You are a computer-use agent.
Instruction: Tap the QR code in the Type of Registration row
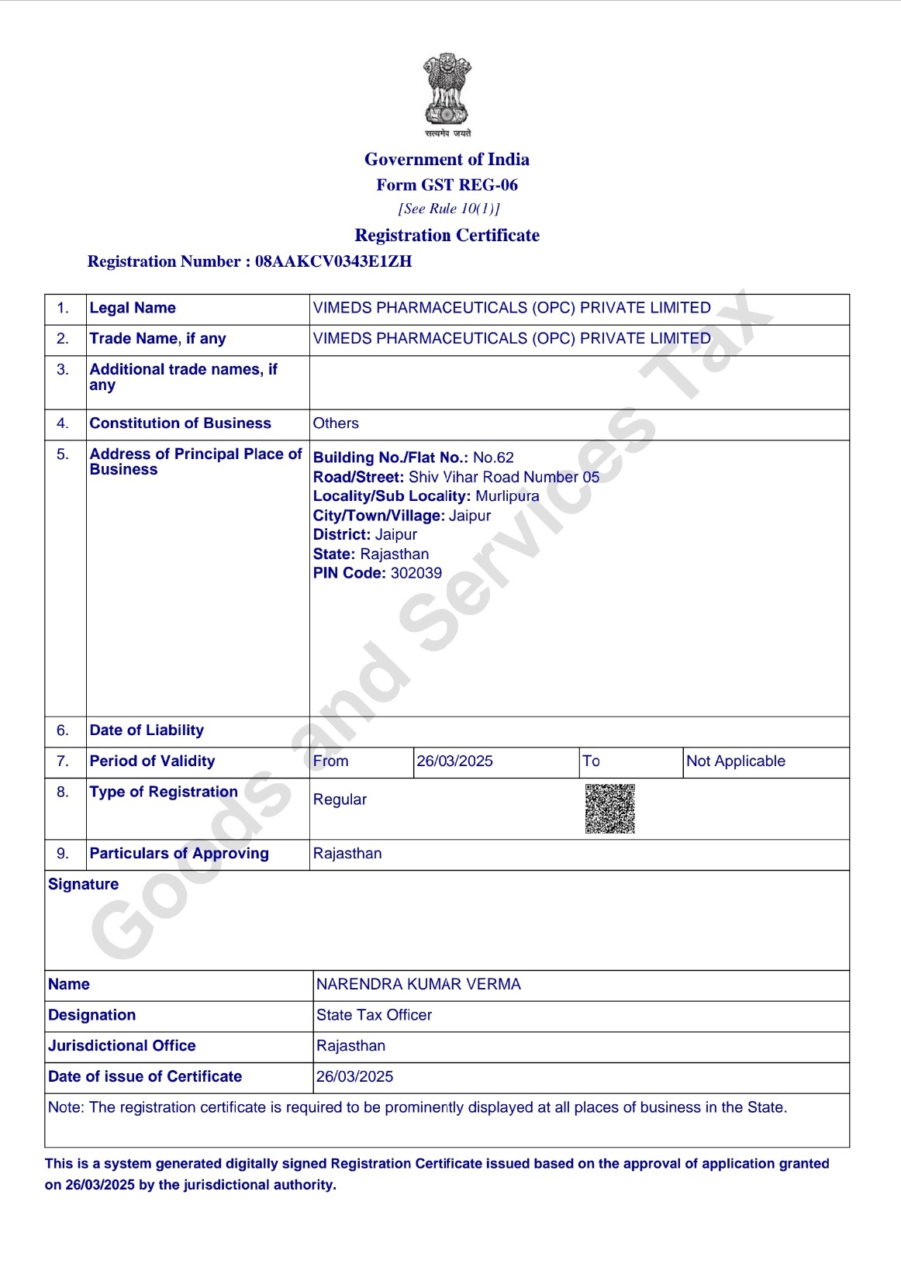[610, 809]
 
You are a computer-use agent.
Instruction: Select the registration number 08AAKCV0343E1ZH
[333, 261]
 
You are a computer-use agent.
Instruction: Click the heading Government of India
[447, 160]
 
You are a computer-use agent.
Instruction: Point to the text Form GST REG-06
[447, 185]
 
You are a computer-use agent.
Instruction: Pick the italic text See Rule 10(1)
[449, 209]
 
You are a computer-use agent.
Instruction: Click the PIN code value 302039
[416, 573]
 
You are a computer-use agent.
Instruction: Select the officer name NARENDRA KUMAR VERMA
[419, 984]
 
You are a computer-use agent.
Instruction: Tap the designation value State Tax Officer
[374, 1015]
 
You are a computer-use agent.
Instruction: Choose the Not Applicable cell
[736, 761]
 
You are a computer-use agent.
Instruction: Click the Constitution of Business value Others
[336, 423]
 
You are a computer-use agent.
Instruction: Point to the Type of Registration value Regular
[340, 799]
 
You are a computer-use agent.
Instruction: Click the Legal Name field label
[133, 308]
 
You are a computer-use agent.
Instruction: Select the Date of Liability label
[147, 730]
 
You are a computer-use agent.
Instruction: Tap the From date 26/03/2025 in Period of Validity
[455, 761]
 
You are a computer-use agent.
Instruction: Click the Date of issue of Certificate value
[354, 1077]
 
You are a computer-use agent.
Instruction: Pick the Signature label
[83, 885]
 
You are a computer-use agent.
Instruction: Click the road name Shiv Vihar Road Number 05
[504, 477]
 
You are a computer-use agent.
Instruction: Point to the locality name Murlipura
[507, 496]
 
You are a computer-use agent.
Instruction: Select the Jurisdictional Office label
[122, 1046]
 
